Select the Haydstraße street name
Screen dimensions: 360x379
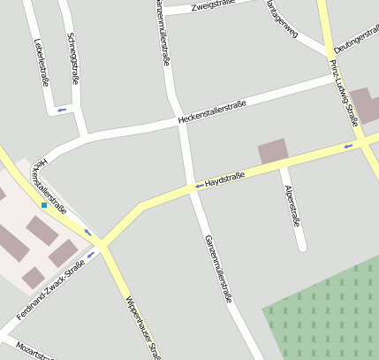pos(224,180)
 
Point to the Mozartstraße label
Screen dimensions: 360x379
pos(34,351)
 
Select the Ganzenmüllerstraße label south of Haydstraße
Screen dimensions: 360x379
pos(218,269)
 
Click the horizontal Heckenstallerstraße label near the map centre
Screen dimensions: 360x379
pos(211,112)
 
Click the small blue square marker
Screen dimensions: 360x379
pos(43,205)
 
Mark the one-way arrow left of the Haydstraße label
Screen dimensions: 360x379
pos(197,186)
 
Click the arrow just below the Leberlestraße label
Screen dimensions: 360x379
pos(61,110)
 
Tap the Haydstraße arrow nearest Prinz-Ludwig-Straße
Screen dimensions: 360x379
pos(348,145)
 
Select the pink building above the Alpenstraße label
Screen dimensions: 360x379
pos(273,151)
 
